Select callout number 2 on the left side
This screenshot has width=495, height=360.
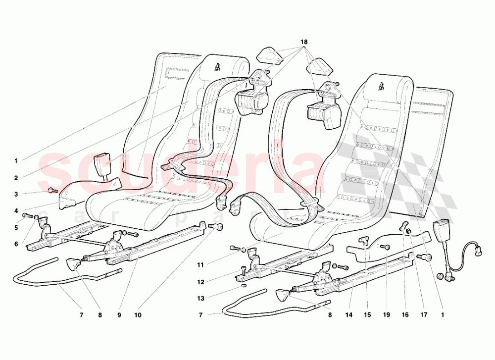point(16,178)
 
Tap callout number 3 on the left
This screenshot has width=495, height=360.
point(16,195)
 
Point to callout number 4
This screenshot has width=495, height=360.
point(16,211)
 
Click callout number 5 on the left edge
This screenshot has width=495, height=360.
point(16,228)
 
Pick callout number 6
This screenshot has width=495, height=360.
point(16,244)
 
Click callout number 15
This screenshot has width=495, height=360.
point(367,314)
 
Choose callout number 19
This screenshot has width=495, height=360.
point(387,314)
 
